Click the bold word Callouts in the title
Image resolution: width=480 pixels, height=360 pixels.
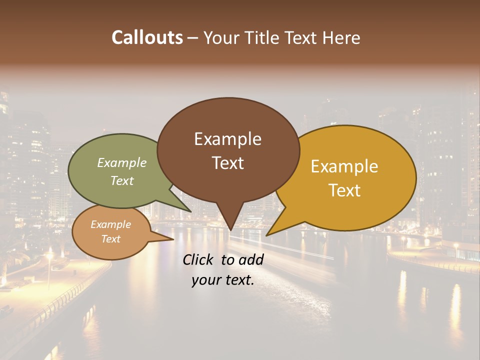(x=147, y=37)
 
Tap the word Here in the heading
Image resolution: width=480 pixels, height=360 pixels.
(x=341, y=37)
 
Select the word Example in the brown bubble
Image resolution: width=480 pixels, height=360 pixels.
(x=227, y=139)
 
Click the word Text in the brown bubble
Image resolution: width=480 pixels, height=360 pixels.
(x=227, y=163)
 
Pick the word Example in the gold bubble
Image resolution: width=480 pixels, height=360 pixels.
(x=344, y=166)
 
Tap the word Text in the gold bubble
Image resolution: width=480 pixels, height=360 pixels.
(x=344, y=190)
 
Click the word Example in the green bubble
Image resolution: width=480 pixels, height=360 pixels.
(x=122, y=162)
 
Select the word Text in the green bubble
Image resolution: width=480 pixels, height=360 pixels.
(x=122, y=180)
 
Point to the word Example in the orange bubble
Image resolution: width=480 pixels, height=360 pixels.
(x=110, y=224)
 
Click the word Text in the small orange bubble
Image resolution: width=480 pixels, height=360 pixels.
(x=110, y=239)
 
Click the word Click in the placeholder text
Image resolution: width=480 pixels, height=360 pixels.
(x=199, y=259)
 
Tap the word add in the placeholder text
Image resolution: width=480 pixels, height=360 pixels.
(x=250, y=259)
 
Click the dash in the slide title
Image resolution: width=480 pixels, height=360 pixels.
(x=193, y=38)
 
